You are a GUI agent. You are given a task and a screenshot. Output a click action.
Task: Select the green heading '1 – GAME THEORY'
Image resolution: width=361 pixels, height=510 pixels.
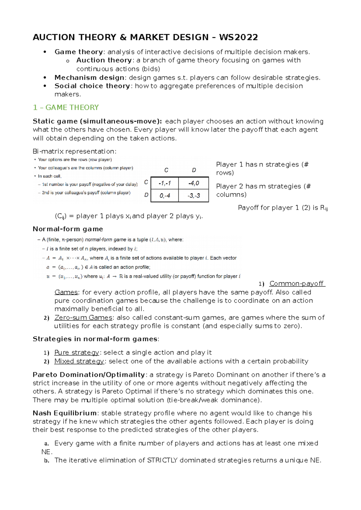point(66,108)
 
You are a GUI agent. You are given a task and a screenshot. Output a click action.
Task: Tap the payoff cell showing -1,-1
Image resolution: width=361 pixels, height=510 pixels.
point(165,183)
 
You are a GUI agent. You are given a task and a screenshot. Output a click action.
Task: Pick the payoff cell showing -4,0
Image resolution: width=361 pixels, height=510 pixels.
point(193,183)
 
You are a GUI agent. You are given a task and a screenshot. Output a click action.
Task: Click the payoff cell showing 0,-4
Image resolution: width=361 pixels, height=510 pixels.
point(165,196)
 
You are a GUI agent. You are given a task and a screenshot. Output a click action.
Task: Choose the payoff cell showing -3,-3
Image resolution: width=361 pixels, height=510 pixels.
point(193,196)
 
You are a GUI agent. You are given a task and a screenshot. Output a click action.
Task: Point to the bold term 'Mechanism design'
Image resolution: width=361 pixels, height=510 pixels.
point(89,77)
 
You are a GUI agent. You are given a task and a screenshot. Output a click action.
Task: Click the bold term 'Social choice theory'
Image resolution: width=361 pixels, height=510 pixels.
point(92,86)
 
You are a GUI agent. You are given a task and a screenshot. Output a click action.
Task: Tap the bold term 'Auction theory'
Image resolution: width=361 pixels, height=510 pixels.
point(104,60)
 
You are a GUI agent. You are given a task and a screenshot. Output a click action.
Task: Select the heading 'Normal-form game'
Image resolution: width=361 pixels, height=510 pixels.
point(68,229)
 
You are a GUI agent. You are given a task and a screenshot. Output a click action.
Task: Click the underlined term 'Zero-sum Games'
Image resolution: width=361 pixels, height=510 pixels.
point(83,317)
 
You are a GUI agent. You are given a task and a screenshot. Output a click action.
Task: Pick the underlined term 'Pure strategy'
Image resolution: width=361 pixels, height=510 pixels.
point(76,352)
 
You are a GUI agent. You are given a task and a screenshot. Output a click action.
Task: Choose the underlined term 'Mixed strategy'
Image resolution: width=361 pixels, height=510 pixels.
point(79,361)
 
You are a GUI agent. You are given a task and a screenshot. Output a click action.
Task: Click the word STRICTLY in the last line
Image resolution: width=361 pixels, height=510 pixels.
point(162,460)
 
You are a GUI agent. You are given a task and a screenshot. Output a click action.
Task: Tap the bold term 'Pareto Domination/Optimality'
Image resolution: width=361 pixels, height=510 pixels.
point(89,375)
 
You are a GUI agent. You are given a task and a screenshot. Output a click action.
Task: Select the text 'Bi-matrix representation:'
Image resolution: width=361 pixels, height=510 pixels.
point(74,151)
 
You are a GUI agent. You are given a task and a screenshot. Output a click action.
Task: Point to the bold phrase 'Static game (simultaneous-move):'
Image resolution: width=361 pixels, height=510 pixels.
point(97,121)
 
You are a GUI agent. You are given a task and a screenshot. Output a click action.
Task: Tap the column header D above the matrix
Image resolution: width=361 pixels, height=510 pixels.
point(194,170)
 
